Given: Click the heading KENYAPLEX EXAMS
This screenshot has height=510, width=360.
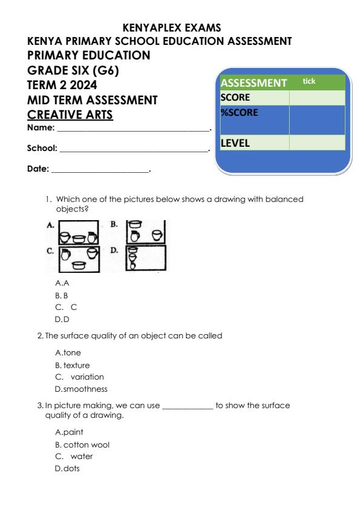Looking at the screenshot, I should tap(172, 27).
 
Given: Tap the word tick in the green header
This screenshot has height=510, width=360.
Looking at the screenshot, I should tap(309, 81).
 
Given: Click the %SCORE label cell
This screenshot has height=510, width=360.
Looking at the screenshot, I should tap(239, 113).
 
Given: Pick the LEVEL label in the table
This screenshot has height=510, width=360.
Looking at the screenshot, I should tap(236, 144).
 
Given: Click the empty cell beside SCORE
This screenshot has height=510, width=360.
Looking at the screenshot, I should tap(316, 97).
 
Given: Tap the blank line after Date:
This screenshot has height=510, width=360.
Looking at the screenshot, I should tap(100, 169).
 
